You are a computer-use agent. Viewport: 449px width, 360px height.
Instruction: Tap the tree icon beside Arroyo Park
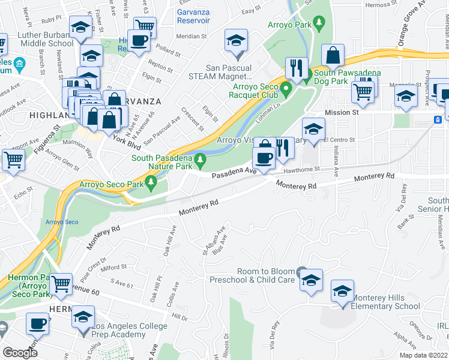tap(320, 22)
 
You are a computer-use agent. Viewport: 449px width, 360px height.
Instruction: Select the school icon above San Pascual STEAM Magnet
tap(236, 41)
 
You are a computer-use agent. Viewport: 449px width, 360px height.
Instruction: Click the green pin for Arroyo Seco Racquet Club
tap(286, 91)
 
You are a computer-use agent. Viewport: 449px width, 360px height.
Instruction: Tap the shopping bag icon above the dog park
tap(332, 56)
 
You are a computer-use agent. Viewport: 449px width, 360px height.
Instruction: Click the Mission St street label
tap(342, 112)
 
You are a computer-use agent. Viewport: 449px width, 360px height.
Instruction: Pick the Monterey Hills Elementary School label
tap(386, 302)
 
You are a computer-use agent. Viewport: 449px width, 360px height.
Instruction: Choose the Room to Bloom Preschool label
tap(252, 275)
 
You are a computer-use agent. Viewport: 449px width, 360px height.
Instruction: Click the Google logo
tap(20, 352)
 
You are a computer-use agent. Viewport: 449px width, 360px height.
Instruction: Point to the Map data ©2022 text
tap(423, 355)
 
